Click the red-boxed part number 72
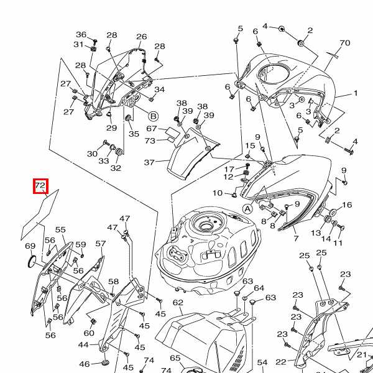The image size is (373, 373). coord(40,185)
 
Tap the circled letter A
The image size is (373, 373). coord(248,209)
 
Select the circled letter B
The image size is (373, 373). coord(154,116)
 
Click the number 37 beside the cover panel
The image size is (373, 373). coord(149,163)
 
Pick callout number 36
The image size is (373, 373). coord(81,35)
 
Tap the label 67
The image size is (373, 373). coord(151,129)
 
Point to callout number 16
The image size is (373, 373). coord(347,205)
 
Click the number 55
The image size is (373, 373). coord(60,230)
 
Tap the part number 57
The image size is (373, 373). coord(100,244)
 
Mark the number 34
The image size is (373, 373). coord(160,90)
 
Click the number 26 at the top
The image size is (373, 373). coord(142,37)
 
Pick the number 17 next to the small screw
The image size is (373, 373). coord(229,169)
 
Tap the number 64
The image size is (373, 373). coord(259,288)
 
